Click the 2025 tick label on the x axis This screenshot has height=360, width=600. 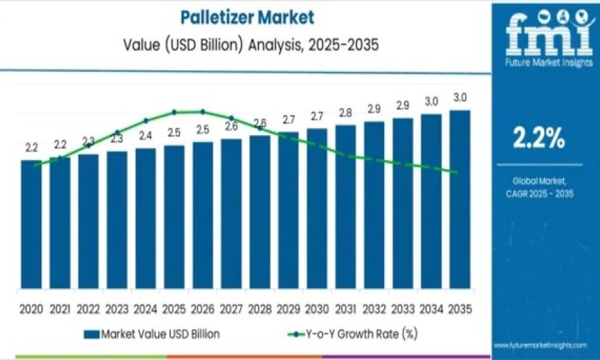174,310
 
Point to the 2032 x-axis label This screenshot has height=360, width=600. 374,310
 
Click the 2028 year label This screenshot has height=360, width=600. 260,310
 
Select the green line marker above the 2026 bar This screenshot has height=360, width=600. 202,112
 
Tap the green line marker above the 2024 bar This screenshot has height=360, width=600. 146,121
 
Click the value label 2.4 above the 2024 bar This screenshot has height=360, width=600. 145,136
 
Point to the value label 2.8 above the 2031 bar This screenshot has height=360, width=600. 345,113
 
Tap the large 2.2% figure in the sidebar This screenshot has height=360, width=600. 538,139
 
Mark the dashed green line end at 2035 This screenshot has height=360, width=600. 457,173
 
